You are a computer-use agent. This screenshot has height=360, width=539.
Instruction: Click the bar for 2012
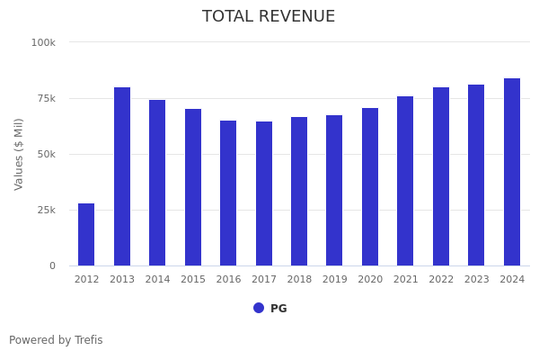pyautogui.click(x=86, y=235)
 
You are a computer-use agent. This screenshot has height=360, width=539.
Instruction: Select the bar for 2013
pyautogui.click(x=122, y=176)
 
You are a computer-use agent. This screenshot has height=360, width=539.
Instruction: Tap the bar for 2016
pyautogui.click(x=228, y=193)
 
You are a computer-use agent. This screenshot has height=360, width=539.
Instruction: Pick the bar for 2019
pyautogui.click(x=334, y=191)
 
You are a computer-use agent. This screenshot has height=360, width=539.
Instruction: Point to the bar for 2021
pyautogui.click(x=405, y=181)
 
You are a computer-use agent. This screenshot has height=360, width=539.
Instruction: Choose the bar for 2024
pyautogui.click(x=512, y=172)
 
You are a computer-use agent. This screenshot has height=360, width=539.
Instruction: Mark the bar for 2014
pyautogui.click(x=157, y=183)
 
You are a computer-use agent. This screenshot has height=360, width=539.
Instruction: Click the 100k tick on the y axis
pyautogui.click(x=43, y=42)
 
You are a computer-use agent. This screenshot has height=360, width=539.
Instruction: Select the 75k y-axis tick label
pyautogui.click(x=44, y=98)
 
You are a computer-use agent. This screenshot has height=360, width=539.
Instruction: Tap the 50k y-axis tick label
pyautogui.click(x=44, y=154)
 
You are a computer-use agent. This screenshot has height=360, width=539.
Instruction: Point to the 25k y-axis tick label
pyautogui.click(x=44, y=210)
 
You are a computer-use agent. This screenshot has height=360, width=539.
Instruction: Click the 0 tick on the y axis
pyautogui.click(x=51, y=265)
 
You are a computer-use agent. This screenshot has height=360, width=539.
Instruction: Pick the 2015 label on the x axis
pyautogui.click(x=193, y=280)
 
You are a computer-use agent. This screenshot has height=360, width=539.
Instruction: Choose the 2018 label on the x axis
pyautogui.click(x=299, y=280)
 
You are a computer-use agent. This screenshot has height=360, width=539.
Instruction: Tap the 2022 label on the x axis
pyautogui.click(x=441, y=280)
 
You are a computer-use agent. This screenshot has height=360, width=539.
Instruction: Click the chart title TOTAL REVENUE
pyautogui.click(x=269, y=17)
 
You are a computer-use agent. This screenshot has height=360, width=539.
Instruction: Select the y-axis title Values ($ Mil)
pyautogui.click(x=19, y=154)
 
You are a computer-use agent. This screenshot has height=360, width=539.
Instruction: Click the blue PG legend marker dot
pyautogui.click(x=259, y=308)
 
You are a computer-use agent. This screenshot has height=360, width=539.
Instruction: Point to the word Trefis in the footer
pyautogui.click(x=88, y=340)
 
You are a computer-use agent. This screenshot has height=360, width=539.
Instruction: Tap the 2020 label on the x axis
pyautogui.click(x=370, y=280)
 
